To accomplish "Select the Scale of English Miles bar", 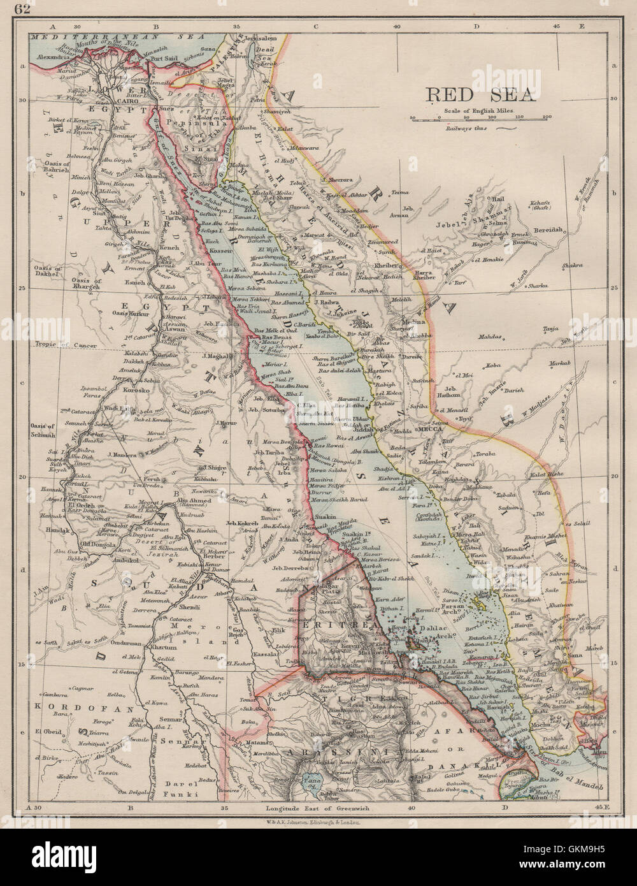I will tap(481, 118).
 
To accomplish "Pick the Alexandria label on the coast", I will tap(49, 57).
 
